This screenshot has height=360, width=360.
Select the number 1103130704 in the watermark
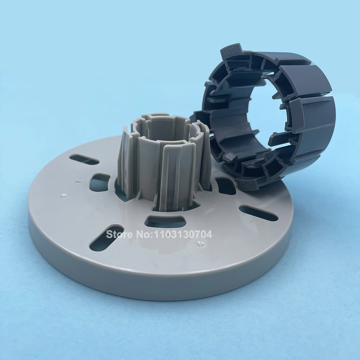183,234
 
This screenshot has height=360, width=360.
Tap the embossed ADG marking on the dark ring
230,52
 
